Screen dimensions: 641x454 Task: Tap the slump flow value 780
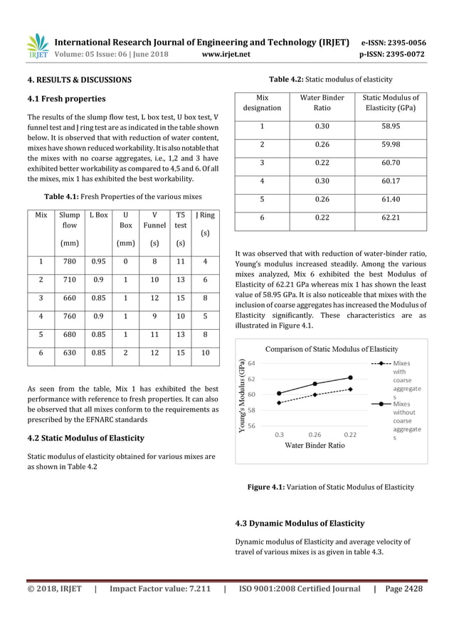(70, 262)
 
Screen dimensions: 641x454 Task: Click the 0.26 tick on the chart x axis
(315, 433)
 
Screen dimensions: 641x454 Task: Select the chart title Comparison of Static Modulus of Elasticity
(331, 349)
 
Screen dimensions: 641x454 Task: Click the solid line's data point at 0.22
(350, 377)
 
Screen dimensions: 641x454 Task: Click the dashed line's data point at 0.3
(280, 403)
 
